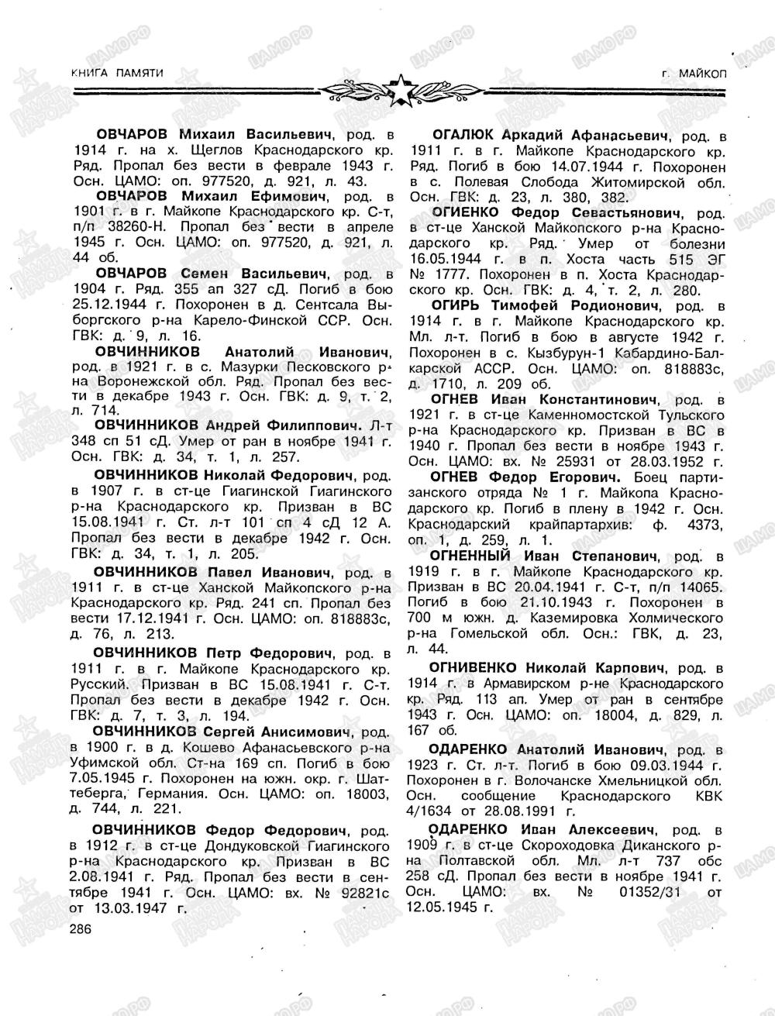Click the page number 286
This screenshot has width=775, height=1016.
[81, 929]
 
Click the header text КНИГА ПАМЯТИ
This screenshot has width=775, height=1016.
[116, 72]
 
